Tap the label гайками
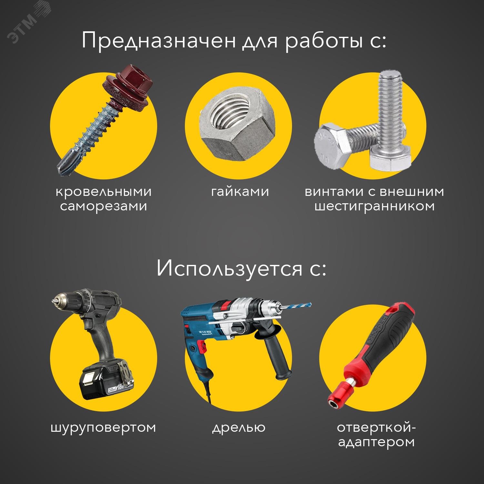click(x=240, y=192)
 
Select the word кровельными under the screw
click(x=104, y=192)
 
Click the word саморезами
click(x=104, y=206)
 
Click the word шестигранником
click(x=374, y=206)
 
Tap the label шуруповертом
click(x=103, y=428)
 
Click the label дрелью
click(x=239, y=428)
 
